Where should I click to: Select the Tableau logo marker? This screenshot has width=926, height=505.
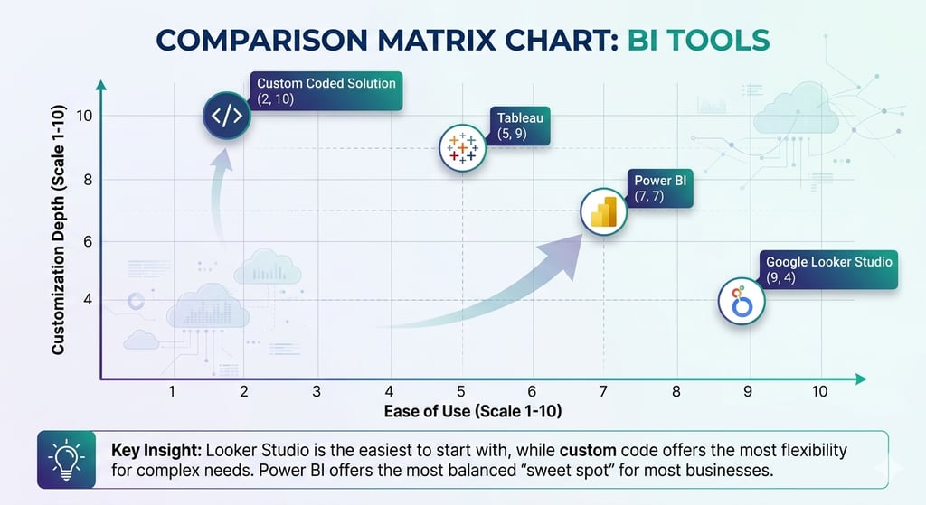tap(462, 147)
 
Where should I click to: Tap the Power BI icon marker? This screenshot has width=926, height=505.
tap(602, 212)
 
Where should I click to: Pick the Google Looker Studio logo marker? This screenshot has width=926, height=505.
tap(742, 301)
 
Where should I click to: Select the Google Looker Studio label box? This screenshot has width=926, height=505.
tap(828, 269)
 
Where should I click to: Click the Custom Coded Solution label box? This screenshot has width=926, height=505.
tap(326, 90)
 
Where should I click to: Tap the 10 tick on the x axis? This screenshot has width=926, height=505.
tap(819, 391)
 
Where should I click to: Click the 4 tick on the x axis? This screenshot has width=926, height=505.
tap(389, 391)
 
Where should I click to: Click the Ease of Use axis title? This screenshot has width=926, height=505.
tap(474, 412)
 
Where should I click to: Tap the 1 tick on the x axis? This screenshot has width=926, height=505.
tap(172, 391)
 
